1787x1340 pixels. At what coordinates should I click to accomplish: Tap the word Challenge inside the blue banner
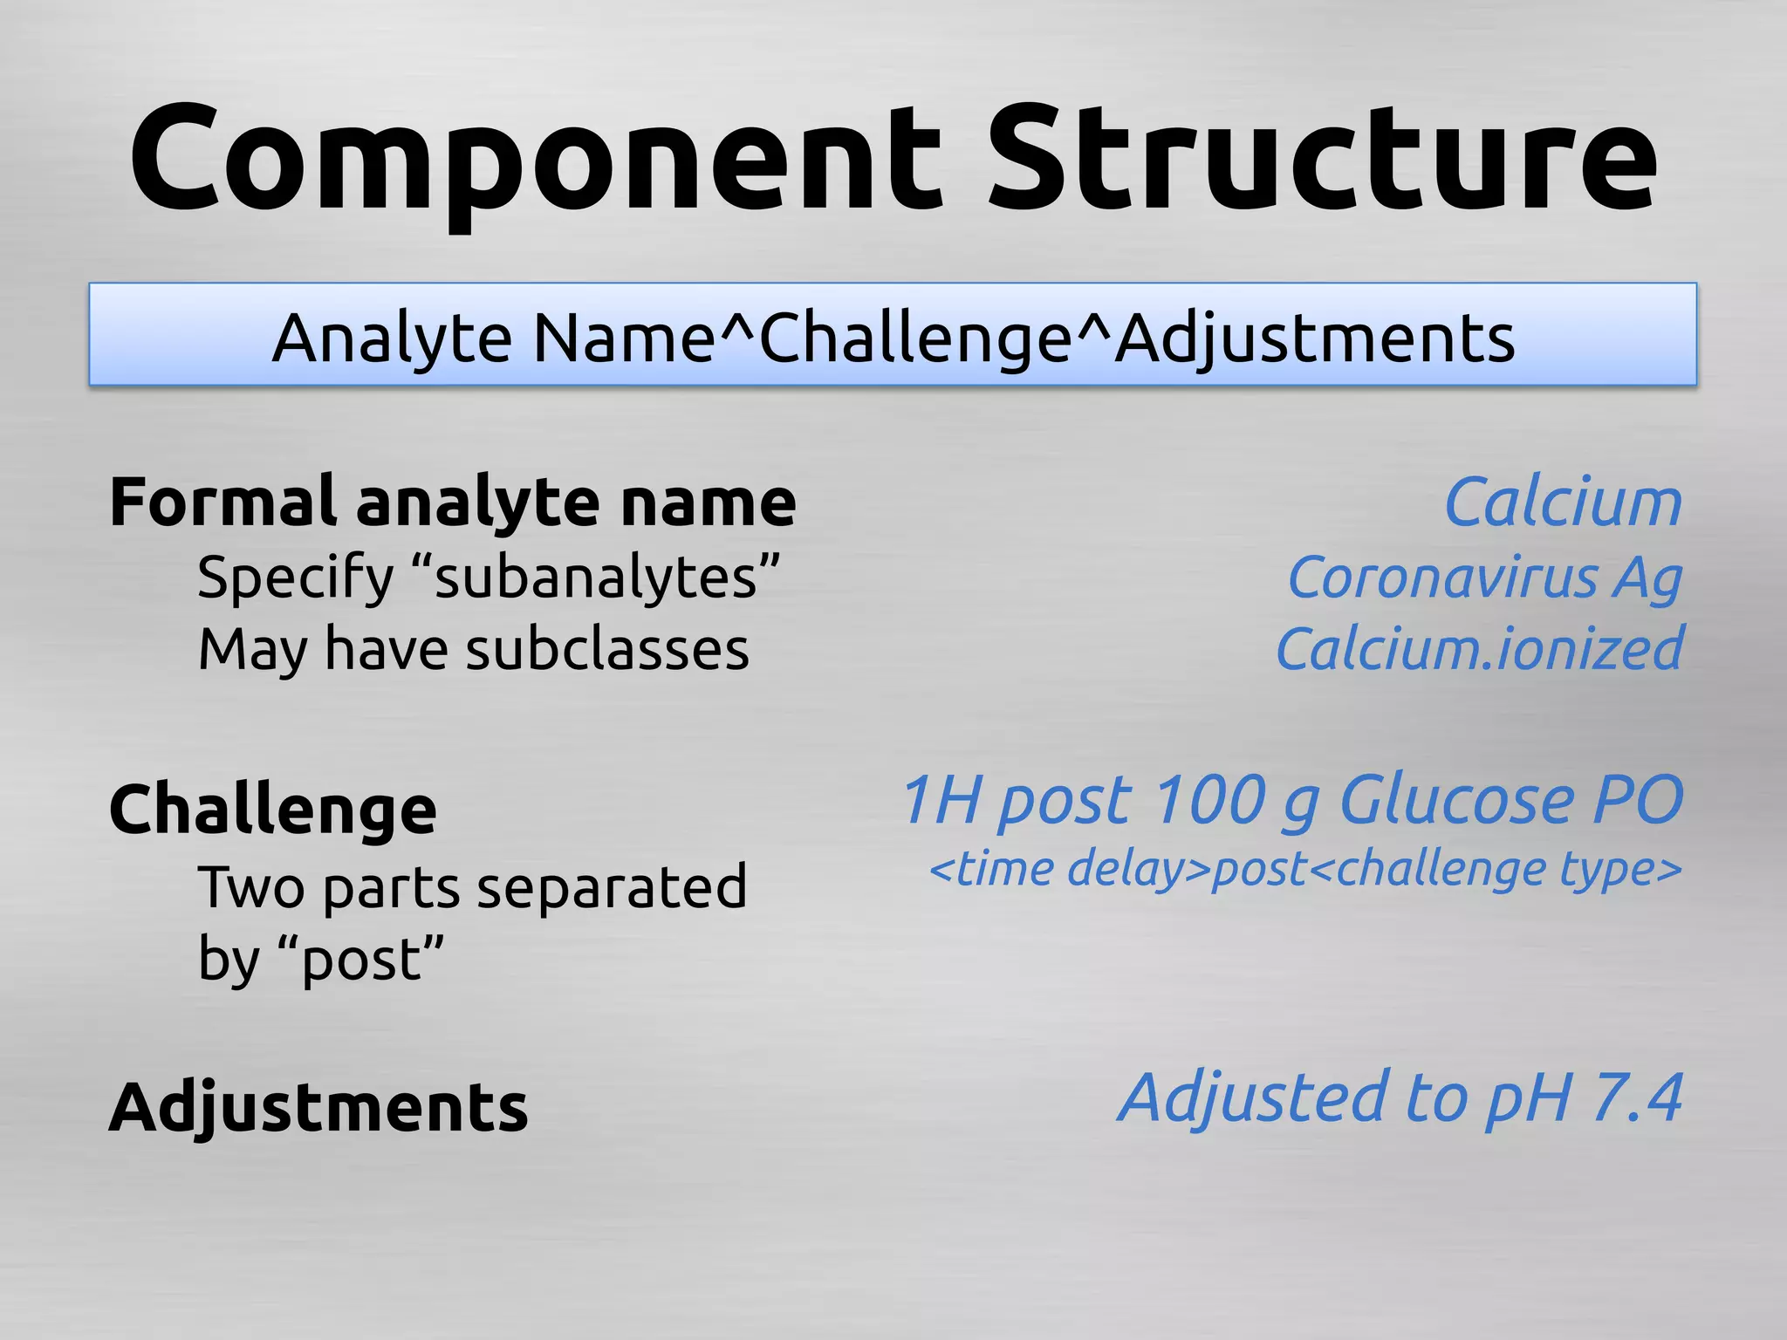[x=916, y=338]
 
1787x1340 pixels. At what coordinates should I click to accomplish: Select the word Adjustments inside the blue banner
[x=1316, y=338]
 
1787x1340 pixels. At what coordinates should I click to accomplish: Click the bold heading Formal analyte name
[x=452, y=502]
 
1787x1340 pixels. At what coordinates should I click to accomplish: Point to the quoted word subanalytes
[x=597, y=578]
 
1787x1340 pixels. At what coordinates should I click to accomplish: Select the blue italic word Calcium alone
[x=1563, y=503]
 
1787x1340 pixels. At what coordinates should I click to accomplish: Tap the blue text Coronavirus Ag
[x=1484, y=578]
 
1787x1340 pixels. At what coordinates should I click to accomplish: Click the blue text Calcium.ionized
[x=1479, y=650]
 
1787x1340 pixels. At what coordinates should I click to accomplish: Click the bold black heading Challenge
[x=272, y=810]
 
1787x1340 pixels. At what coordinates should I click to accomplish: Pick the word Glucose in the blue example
[x=1455, y=800]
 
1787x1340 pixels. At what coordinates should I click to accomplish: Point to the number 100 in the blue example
[x=1208, y=800]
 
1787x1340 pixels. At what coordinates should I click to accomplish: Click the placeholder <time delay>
[x=1070, y=869]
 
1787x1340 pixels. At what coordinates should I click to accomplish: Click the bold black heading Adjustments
[x=318, y=1107]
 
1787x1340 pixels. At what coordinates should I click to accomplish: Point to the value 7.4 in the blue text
[x=1637, y=1098]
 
